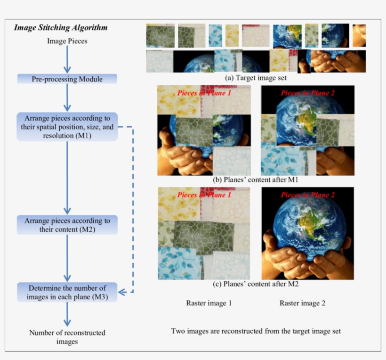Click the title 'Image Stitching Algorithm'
pyautogui.click(x=61, y=27)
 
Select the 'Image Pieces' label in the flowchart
pyautogui.click(x=67, y=41)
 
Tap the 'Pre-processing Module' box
pyautogui.click(x=67, y=79)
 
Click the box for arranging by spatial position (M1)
pyautogui.click(x=67, y=126)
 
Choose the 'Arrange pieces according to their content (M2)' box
pyautogui.click(x=67, y=225)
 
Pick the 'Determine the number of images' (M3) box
pyautogui.click(x=67, y=292)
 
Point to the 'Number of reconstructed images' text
pyautogui.click(x=67, y=337)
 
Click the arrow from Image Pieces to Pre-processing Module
pyautogui.click(x=67, y=59)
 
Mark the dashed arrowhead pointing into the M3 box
pyautogui.click(x=121, y=293)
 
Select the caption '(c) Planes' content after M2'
pyautogui.click(x=257, y=285)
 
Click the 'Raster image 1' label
pyautogui.click(x=209, y=303)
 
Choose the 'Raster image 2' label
pyautogui.click(x=302, y=303)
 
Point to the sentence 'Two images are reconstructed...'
pyautogui.click(x=256, y=331)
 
